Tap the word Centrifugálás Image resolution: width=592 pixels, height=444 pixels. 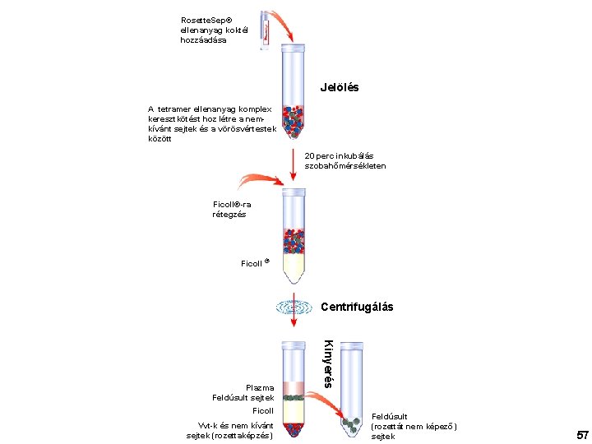(357, 307)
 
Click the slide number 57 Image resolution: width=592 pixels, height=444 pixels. (582, 433)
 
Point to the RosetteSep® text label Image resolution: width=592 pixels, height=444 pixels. (206, 20)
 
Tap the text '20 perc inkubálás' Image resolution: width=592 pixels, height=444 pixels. (339, 155)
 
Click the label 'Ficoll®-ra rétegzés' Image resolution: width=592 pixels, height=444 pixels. (231, 209)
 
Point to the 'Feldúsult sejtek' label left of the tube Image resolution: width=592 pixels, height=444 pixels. (243, 398)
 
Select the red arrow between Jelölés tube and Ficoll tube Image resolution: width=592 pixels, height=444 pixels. (294, 165)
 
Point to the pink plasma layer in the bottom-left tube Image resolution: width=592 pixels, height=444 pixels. (294, 387)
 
